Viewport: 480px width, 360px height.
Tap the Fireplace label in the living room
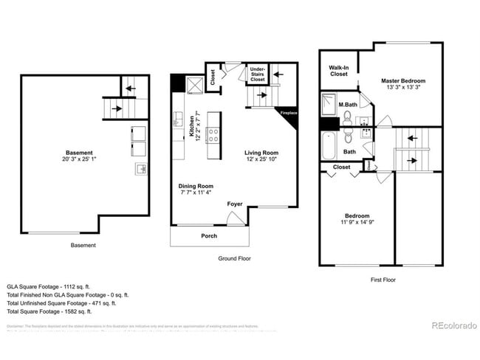coord(288,113)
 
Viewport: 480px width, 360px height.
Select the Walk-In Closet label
coord(338,70)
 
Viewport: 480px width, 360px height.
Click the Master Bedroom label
coord(403,80)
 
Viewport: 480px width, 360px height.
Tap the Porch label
coord(210,236)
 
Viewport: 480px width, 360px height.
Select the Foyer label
coord(235,204)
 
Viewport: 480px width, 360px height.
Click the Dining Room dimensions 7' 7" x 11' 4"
coord(196,193)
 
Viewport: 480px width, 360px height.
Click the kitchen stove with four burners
coord(213,135)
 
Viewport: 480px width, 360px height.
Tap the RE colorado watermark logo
coord(453,325)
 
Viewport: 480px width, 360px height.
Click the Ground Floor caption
coord(235,258)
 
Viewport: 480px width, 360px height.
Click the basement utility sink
coord(141,169)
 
